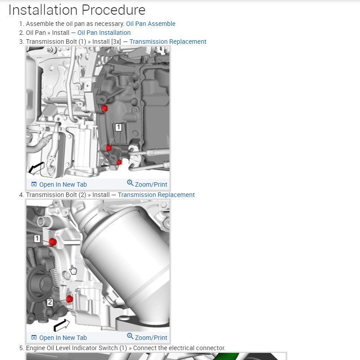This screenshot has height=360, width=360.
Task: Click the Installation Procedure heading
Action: point(77,10)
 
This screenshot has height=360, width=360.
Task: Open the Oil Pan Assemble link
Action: point(151,24)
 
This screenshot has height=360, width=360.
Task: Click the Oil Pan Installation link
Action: point(104,33)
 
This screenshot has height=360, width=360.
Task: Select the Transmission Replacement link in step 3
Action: point(168,42)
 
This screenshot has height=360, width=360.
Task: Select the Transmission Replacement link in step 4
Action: point(157,195)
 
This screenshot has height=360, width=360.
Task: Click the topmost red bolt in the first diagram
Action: point(105,108)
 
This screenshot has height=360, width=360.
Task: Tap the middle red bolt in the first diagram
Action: point(109,148)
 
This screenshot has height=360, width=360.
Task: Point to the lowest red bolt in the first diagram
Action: point(119,163)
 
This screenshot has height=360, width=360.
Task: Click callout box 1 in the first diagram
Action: point(118,127)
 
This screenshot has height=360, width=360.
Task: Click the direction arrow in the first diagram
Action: point(36,168)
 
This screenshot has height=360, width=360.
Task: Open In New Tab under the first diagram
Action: point(59,184)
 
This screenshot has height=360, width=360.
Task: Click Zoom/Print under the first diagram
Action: point(147,184)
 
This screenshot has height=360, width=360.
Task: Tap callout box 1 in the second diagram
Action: point(37,239)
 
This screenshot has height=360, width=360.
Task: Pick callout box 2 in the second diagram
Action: point(50,302)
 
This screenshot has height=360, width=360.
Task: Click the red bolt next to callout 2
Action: point(69,299)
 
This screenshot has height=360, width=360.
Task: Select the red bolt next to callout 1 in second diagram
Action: point(53,242)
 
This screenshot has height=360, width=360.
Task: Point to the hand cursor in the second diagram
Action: point(73,270)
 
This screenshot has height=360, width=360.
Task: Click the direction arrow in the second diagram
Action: point(61,325)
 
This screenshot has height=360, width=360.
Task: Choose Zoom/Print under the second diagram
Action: point(147,337)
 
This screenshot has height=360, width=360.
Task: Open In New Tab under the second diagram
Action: point(59,338)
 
